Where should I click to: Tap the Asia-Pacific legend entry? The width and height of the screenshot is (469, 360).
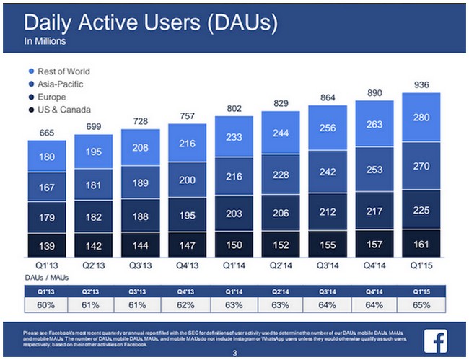click(x=60, y=84)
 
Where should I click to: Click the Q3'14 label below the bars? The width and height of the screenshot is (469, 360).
click(x=327, y=265)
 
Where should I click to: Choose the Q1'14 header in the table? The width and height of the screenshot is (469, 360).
click(x=233, y=291)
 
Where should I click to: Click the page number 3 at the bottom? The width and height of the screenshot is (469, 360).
click(x=234, y=353)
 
